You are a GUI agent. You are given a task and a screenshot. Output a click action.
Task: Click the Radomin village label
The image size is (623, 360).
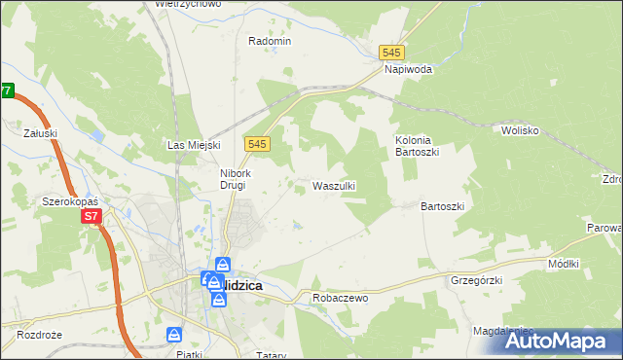point(270,41)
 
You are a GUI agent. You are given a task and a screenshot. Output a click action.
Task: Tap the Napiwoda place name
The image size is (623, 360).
point(408,69)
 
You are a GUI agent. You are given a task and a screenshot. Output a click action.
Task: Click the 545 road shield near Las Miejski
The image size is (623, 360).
point(257,143)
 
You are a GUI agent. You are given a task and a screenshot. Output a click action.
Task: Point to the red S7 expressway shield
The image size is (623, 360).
point(91,216)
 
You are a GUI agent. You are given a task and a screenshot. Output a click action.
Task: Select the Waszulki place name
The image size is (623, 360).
point(333,185)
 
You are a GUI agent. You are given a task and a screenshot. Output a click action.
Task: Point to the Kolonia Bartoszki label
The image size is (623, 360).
point(420,146)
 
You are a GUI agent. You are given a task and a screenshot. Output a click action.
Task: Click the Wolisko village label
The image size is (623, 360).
point(520,129)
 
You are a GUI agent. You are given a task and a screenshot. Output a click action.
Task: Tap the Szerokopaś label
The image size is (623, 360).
point(67,201)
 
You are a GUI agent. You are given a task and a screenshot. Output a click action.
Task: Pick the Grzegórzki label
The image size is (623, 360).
point(475,280)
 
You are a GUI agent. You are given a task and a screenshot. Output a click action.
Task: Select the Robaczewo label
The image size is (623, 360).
point(339,298)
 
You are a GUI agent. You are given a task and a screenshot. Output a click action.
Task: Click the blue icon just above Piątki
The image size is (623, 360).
point(174,335)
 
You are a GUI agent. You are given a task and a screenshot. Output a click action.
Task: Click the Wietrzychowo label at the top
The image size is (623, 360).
point(188,4)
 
